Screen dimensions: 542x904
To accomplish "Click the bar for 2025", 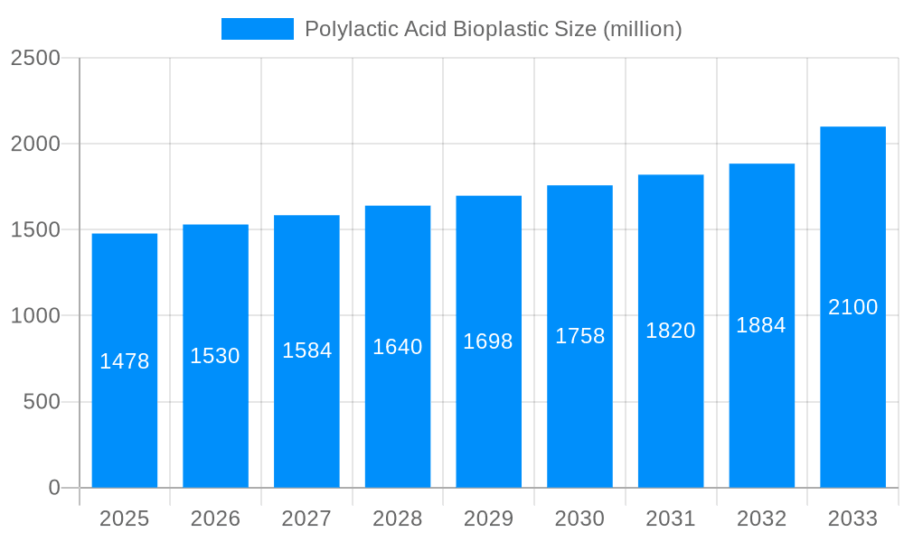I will click(125, 416).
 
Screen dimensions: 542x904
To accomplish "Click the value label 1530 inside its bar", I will click(215, 356).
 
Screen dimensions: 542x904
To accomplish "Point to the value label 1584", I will click(307, 350).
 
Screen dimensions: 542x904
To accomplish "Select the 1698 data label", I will click(488, 341).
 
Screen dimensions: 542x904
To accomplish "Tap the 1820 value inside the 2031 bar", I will click(671, 331).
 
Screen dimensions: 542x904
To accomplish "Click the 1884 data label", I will click(761, 325).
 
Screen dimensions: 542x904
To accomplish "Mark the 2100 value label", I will click(852, 307).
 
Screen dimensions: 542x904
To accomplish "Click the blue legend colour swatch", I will click(258, 29).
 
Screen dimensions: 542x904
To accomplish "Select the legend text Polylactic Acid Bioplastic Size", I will click(493, 29).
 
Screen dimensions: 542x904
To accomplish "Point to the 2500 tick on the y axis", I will click(35, 58).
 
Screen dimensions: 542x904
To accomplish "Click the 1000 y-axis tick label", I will click(35, 316).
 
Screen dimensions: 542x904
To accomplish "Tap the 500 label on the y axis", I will click(42, 402).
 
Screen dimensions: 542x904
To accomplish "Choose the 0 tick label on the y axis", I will click(54, 488).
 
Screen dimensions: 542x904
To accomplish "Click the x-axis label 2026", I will click(215, 519).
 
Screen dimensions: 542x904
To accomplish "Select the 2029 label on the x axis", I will click(488, 519).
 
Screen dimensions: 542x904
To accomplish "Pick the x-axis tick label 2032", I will click(761, 519).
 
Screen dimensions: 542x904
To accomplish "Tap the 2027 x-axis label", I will click(306, 519).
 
